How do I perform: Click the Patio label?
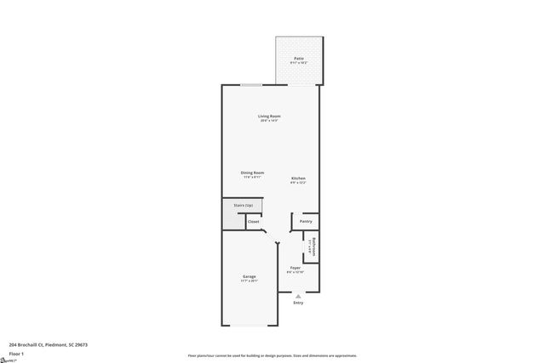coord(298,58)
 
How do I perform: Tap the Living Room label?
coord(270,116)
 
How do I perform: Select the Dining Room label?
coord(252,173)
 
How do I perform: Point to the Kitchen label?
coord(297,178)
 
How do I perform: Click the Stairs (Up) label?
coord(244,205)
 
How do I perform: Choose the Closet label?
coord(254,221)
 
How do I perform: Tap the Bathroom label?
coord(313,246)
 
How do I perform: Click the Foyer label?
coord(295,268)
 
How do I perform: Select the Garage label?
coord(250,276)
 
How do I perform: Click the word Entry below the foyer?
coord(298,303)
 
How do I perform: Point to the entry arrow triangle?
coord(298,296)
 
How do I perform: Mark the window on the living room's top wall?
coord(251,85)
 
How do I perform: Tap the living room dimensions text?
coord(270,121)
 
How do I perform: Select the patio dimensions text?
coord(298,63)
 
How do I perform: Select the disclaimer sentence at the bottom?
coord(272,355)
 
